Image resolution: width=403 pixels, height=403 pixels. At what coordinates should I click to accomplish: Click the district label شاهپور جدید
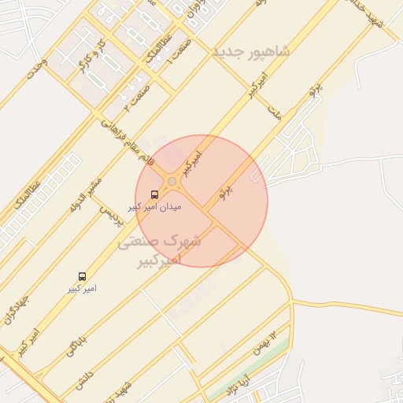pyautogui.click(x=250, y=51)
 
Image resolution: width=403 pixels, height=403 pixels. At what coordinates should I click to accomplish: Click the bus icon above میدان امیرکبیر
pyautogui.click(x=153, y=194)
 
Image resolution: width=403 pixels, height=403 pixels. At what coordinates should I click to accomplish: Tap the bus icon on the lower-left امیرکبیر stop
pyautogui.click(x=82, y=276)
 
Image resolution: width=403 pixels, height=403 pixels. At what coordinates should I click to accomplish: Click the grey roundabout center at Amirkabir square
pyautogui.click(x=172, y=182)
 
